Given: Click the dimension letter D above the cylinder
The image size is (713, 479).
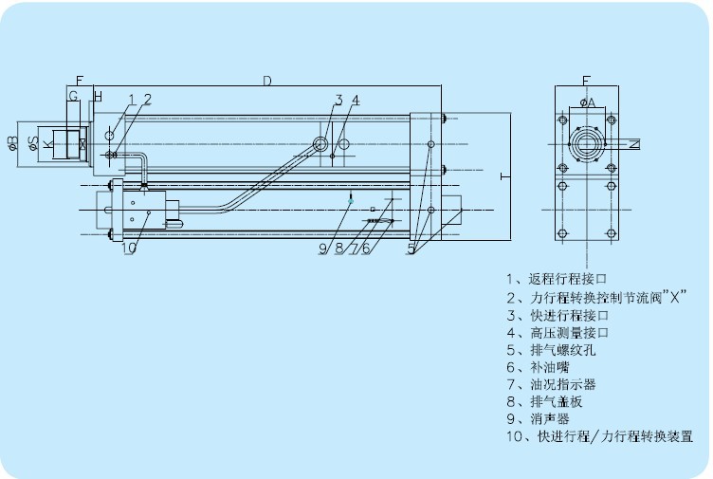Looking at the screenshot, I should pyautogui.click(x=267, y=82).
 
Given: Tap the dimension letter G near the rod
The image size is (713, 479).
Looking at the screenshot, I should pyautogui.click(x=73, y=98).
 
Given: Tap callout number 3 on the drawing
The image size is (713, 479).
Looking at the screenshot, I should pyautogui.click(x=338, y=100).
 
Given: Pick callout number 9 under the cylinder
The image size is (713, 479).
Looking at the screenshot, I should pyautogui.click(x=323, y=249).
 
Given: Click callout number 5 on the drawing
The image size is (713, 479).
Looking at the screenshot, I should pyautogui.click(x=412, y=249).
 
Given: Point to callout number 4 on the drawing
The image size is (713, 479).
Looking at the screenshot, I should pyautogui.click(x=356, y=100).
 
